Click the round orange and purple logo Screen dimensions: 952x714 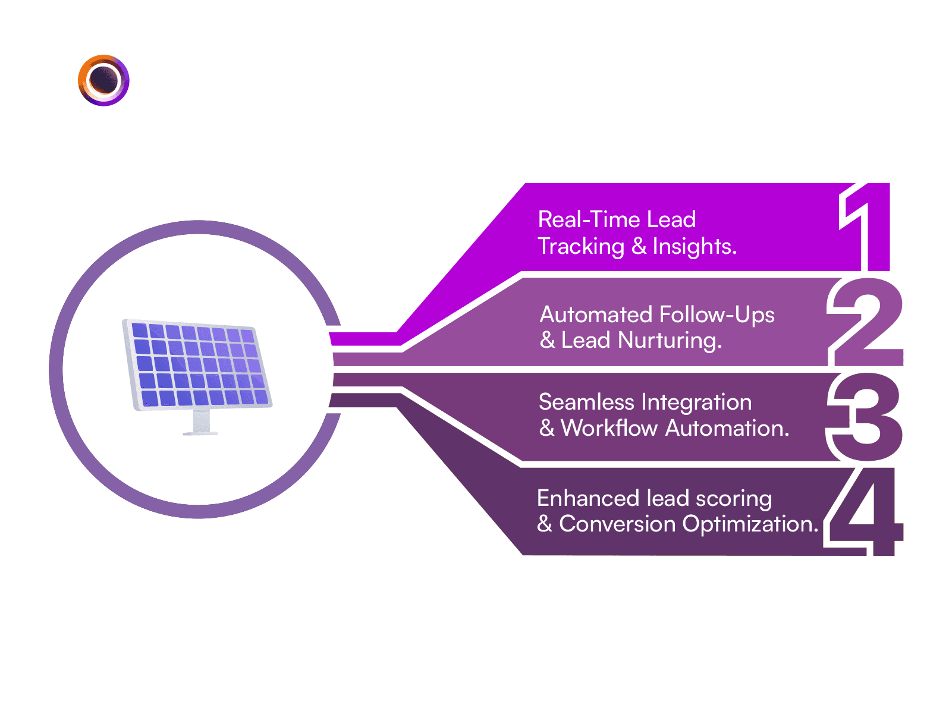103,80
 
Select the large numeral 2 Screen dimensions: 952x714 866,322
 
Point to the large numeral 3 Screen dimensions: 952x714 865,417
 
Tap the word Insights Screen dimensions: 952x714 695,247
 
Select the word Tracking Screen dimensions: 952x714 581,247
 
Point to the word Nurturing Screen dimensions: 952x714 670,341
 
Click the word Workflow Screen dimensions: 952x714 609,427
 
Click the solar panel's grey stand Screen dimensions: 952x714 201,422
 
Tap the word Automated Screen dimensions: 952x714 596,314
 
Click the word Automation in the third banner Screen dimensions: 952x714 727,428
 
